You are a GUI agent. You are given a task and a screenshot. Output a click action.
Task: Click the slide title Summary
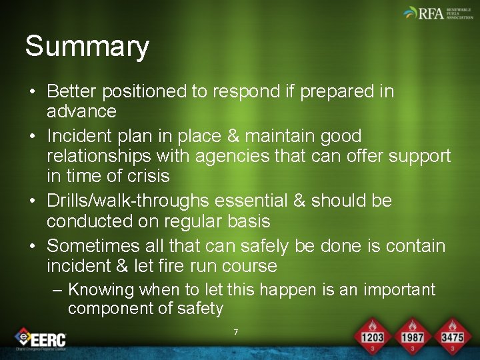[87, 47]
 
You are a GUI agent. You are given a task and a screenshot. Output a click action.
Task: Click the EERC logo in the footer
[41, 339]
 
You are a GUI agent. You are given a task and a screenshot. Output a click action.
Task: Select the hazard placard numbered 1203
[372, 336]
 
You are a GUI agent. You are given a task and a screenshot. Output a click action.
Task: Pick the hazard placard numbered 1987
[412, 336]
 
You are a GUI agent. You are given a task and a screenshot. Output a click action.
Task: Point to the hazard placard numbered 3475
[452, 336]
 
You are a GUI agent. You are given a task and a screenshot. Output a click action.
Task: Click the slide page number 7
[235, 332]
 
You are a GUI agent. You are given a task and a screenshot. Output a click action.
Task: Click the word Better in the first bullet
[73, 91]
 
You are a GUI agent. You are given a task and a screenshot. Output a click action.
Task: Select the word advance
[81, 111]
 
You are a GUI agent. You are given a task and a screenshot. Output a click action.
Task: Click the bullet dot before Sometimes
[32, 247]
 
